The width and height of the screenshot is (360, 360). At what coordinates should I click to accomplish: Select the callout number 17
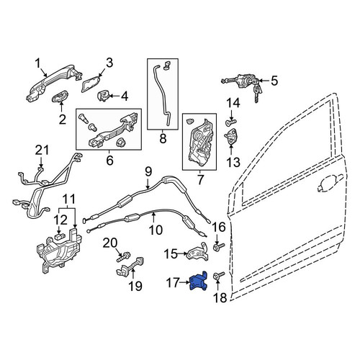pos(173,283)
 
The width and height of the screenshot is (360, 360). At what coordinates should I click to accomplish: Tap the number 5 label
pos(274,81)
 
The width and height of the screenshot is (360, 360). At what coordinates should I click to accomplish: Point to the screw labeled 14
pos(231,123)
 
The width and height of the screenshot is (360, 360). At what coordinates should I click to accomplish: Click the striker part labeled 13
pos(231,137)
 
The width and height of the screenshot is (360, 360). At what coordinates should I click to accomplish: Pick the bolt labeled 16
pos(219,247)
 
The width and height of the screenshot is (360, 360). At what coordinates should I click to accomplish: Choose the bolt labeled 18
pos(219,275)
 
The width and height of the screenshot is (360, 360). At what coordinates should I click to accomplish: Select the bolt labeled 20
pos(123,256)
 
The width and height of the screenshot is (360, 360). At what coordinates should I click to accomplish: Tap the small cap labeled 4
pos(104,96)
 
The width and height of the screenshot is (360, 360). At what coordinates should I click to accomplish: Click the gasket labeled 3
pos(91,84)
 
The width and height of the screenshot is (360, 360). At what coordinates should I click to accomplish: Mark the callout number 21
pos(42,150)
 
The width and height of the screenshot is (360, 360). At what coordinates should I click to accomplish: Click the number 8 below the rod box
pos(163,139)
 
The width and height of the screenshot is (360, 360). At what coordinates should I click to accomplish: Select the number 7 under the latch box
pos(199,179)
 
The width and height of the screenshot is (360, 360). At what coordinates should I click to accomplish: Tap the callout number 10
pos(156,230)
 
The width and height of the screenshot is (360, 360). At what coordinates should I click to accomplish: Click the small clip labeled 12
pos(60,236)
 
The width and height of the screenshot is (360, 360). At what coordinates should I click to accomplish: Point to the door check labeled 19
pos(130,266)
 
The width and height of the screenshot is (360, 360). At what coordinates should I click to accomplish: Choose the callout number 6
pos(109,161)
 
